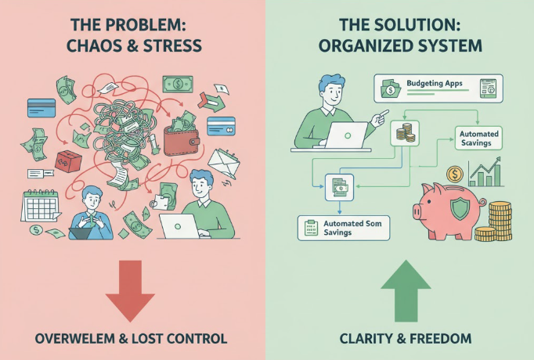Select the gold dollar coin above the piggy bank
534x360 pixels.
pyautogui.click(x=453, y=174)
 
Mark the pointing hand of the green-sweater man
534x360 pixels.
pyautogui.click(x=381, y=118)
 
